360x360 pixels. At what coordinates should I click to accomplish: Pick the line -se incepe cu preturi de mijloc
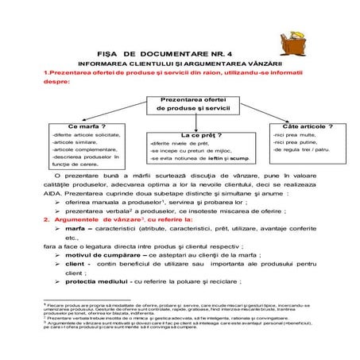[191, 151]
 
